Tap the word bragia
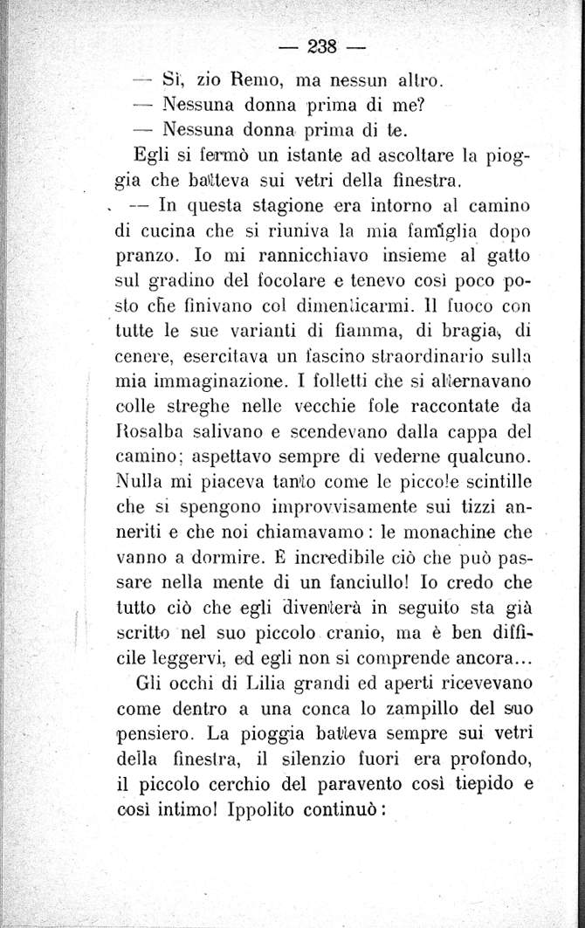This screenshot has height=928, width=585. tap(456, 333)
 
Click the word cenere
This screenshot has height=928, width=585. tap(142, 357)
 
